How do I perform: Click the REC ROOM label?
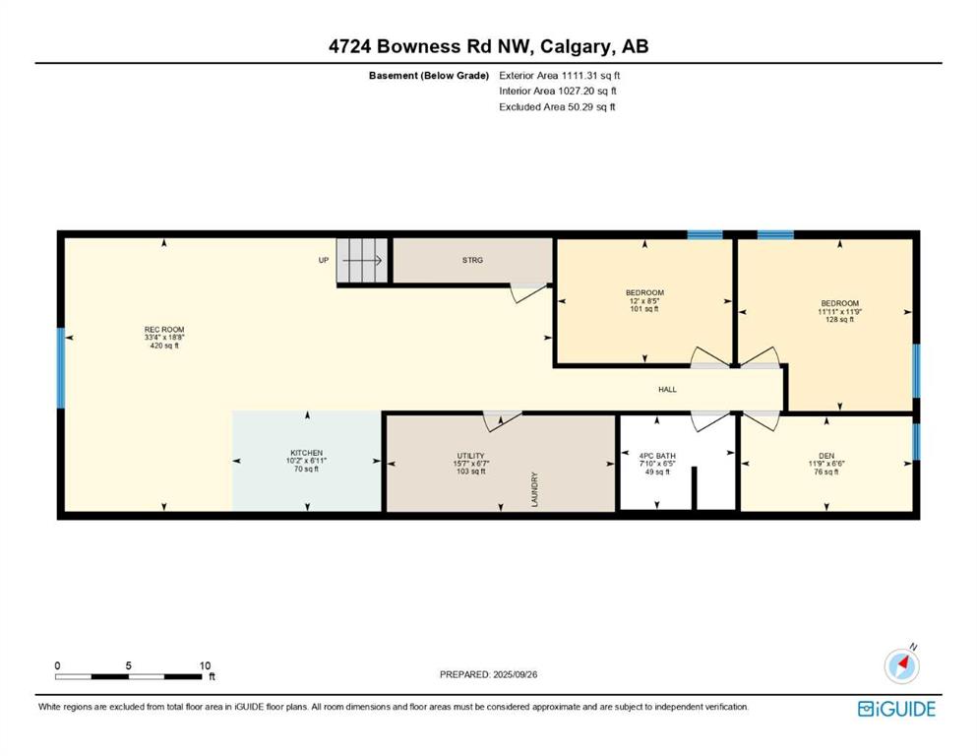[x=164, y=330]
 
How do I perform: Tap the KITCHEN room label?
[x=307, y=453]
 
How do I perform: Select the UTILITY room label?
[x=470, y=456]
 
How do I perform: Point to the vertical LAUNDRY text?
[x=534, y=489]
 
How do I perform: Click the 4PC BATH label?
[x=657, y=456]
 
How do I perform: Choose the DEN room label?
[x=826, y=456]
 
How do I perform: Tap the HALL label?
[x=667, y=390]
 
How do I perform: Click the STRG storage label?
[x=472, y=260]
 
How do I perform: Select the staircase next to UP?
[x=361, y=261]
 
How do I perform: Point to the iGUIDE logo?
[x=896, y=710]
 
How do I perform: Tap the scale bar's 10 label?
[x=205, y=665]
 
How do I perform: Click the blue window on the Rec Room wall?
[x=61, y=368]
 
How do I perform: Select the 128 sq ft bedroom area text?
[x=840, y=320]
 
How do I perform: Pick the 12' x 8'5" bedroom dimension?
[x=644, y=300]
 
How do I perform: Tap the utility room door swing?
[x=502, y=419]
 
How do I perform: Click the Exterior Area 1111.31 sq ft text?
[x=560, y=76]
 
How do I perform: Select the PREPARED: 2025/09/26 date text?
[x=488, y=674]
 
